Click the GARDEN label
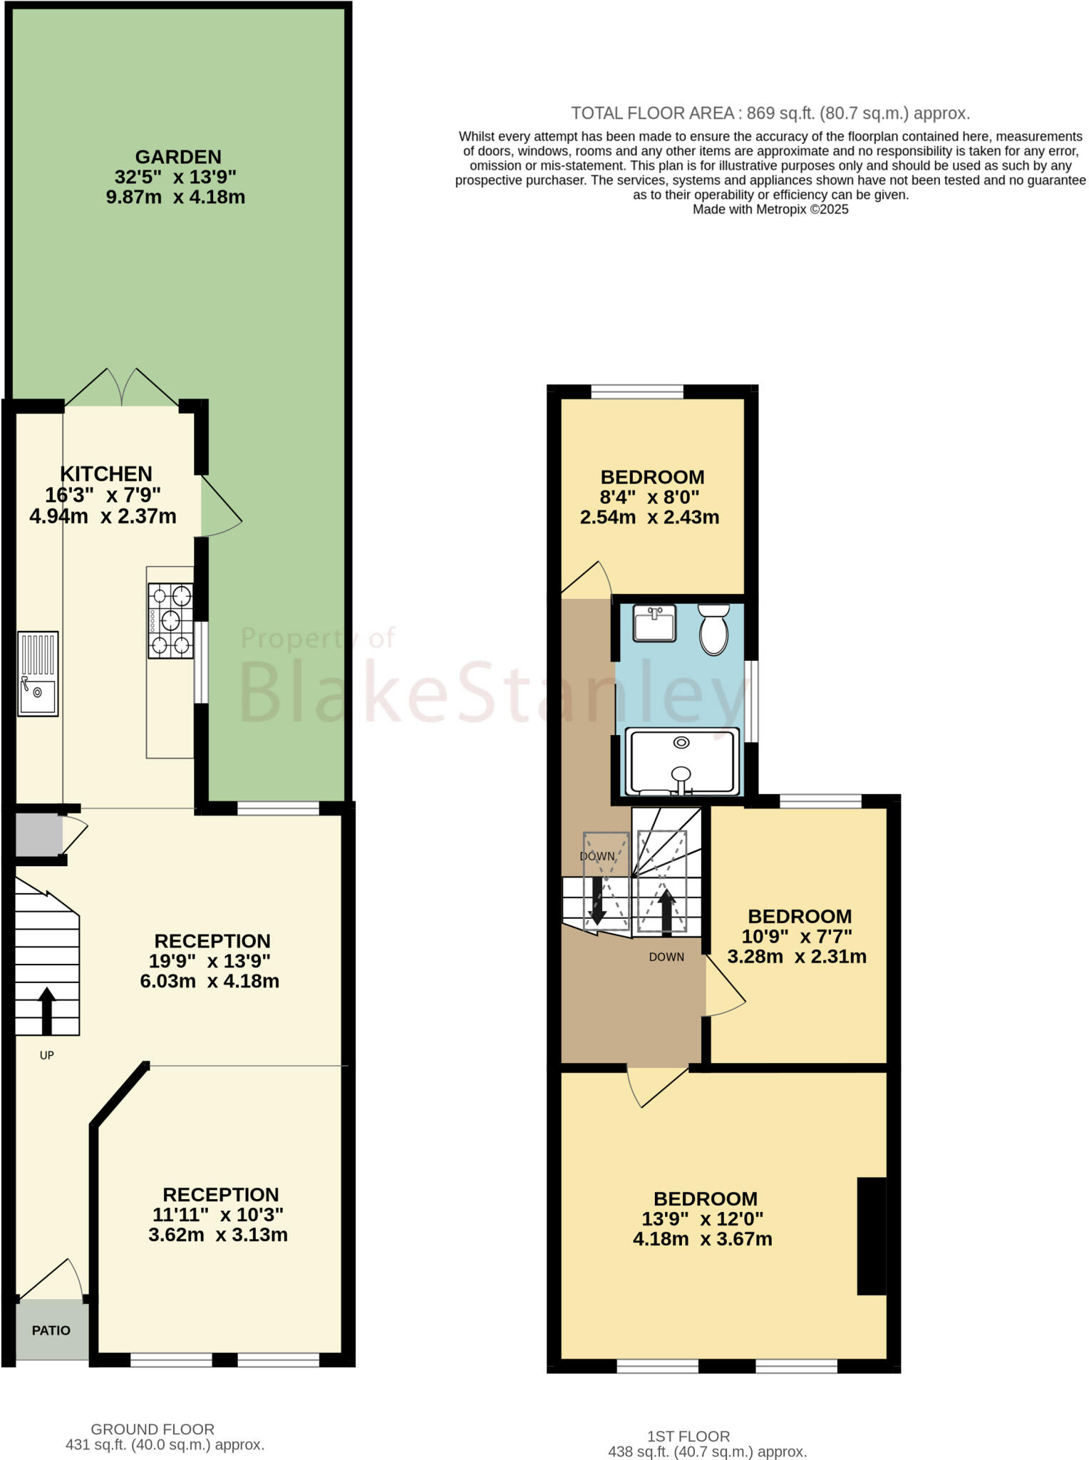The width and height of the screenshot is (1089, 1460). click(x=178, y=157)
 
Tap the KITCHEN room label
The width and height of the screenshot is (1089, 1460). click(x=105, y=474)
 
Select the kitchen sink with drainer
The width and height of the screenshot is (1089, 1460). click(x=38, y=673)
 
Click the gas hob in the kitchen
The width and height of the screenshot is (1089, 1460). click(x=170, y=620)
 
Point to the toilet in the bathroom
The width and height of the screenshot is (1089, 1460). click(x=713, y=629)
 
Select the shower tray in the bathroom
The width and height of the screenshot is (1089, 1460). click(x=682, y=761)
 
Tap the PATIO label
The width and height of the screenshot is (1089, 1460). click(x=51, y=1330)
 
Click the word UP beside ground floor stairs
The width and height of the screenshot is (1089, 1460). click(x=47, y=1055)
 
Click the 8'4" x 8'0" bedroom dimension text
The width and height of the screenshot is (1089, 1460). click(x=650, y=497)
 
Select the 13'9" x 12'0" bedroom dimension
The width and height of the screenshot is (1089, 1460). click(x=703, y=1219)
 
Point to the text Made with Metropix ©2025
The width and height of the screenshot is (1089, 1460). click(x=770, y=210)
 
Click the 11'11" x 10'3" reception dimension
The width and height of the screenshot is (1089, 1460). click(x=218, y=1214)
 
